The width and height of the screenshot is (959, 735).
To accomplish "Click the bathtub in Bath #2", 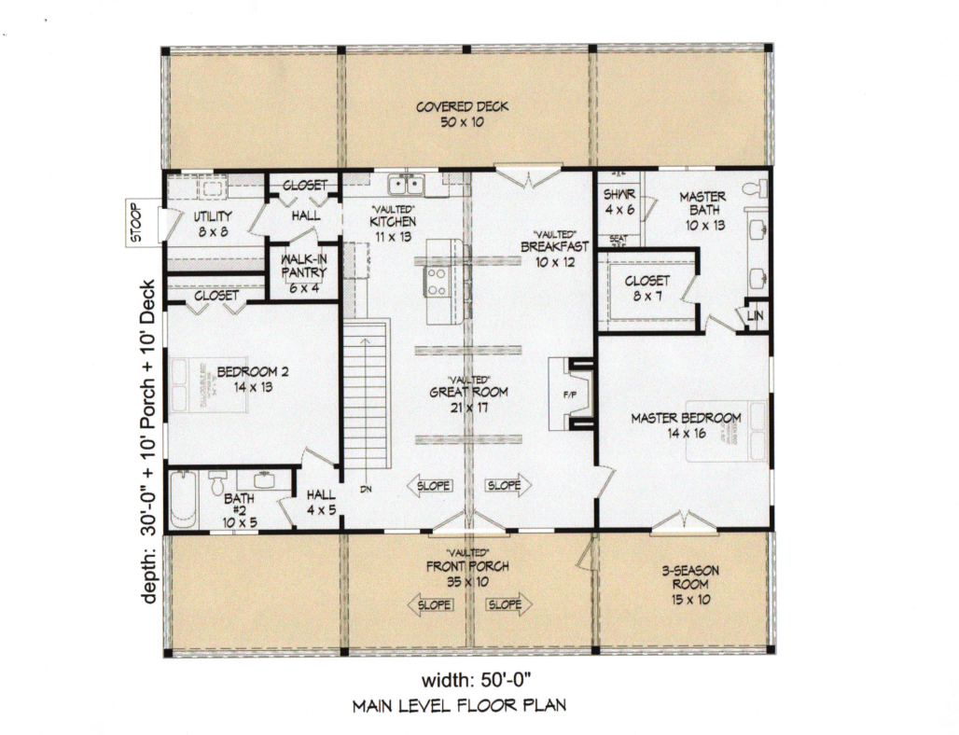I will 183,499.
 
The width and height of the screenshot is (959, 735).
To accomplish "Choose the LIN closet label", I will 757,317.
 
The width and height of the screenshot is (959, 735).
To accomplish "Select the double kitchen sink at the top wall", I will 408,184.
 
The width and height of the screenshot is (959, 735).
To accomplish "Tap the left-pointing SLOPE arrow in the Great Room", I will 430,485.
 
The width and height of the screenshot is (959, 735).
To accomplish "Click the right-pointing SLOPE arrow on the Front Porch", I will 507,604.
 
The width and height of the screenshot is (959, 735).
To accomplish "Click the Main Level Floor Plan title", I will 458,706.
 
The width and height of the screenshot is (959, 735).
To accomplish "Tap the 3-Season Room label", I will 689,585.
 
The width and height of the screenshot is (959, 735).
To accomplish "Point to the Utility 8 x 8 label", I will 213,223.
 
